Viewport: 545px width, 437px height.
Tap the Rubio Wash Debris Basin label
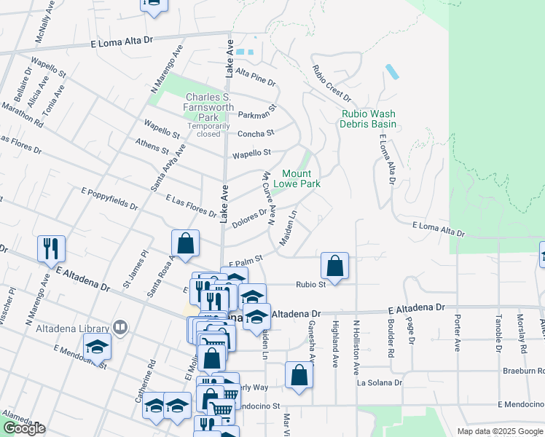click(368, 119)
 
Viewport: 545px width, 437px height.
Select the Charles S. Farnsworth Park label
click(210, 107)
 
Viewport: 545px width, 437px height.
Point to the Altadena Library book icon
click(121, 327)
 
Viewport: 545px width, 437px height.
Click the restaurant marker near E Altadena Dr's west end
click(51, 248)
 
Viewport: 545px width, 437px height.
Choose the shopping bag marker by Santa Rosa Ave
click(186, 243)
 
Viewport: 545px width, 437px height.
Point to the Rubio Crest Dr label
click(332, 84)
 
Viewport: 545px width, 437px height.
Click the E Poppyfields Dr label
click(109, 198)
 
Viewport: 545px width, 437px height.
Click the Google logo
click(24, 428)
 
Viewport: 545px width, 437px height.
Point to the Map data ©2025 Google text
click(500, 430)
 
